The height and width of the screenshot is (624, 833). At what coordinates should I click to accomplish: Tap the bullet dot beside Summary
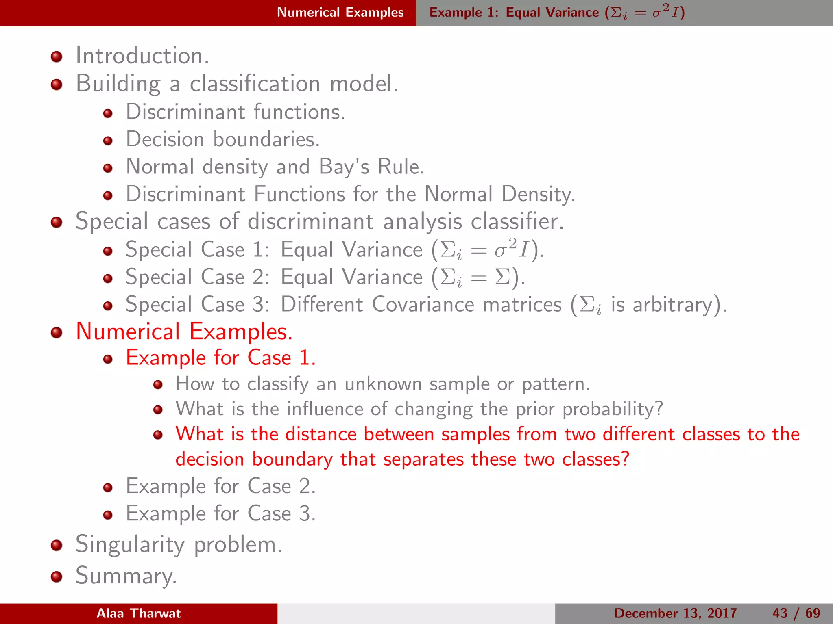pyautogui.click(x=57, y=576)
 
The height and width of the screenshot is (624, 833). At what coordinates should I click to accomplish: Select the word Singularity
pyautogui.click(x=130, y=544)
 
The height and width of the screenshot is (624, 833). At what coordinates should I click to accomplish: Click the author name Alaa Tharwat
pyautogui.click(x=139, y=613)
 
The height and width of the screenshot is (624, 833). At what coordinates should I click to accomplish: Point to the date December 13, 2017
pyautogui.click(x=675, y=613)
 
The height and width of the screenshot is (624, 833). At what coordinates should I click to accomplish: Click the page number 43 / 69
pyautogui.click(x=796, y=613)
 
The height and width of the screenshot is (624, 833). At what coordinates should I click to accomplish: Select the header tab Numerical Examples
pyautogui.click(x=340, y=13)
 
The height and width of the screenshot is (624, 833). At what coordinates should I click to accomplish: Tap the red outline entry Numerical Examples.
pyautogui.click(x=184, y=331)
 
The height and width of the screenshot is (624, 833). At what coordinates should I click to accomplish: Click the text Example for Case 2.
pyautogui.click(x=220, y=486)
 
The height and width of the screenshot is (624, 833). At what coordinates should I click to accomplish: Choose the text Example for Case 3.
pyautogui.click(x=220, y=513)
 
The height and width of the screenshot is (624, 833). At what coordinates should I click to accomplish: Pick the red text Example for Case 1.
pyautogui.click(x=220, y=358)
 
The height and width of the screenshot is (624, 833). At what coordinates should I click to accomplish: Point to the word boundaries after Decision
pyautogui.click(x=266, y=139)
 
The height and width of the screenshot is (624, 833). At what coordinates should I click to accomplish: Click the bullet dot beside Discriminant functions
pyautogui.click(x=108, y=113)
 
